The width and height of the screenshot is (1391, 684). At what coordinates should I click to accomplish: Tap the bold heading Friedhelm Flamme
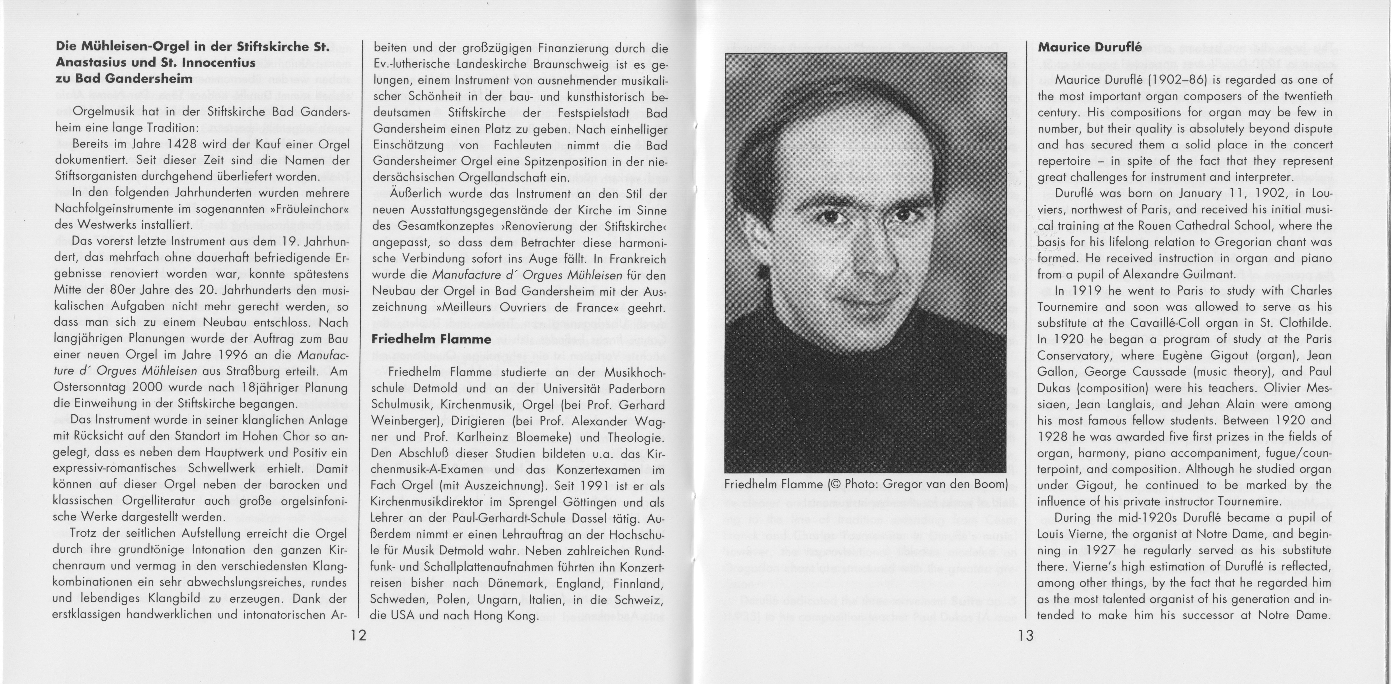(x=431, y=339)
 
